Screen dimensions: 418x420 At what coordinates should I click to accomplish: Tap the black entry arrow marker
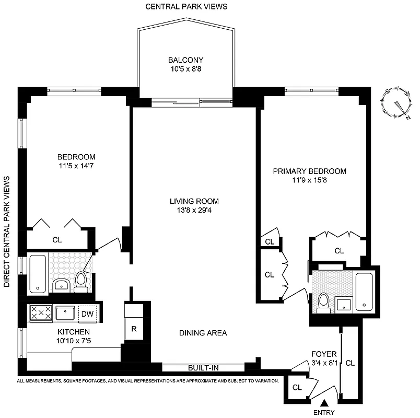point(324,403)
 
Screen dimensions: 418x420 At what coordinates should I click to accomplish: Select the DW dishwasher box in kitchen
point(87,313)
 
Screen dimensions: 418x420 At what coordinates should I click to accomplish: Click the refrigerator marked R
point(134,329)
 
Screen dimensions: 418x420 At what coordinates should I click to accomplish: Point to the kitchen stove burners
point(41,313)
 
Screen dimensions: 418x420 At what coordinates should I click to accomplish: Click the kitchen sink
point(65,313)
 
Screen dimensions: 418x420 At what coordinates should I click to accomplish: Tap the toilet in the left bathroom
point(81,281)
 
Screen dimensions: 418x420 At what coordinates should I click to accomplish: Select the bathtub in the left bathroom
point(38,274)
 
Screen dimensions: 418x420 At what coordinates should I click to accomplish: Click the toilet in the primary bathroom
point(323,301)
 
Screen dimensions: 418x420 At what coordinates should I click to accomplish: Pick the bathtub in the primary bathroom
point(364,292)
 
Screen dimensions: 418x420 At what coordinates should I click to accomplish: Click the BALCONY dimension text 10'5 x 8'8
point(185,68)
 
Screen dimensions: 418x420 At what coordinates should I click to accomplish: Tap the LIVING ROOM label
point(194,201)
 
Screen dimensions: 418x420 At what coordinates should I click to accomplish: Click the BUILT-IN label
point(203,368)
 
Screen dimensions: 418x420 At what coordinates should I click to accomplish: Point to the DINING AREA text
point(203,333)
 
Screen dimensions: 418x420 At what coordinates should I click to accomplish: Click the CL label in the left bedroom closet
point(57,240)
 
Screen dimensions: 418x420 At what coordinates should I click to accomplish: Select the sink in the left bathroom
point(61,285)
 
